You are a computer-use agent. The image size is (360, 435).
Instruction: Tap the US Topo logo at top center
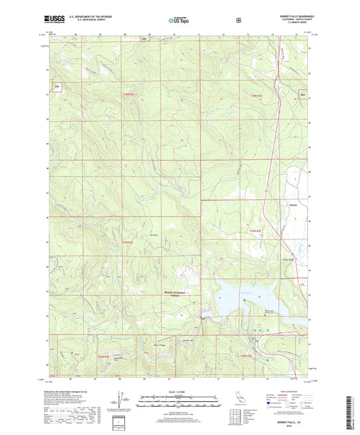coord(178,21)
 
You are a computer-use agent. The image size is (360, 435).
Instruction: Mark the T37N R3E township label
coord(255,232)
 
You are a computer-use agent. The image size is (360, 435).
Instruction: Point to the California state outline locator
coord(236,397)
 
